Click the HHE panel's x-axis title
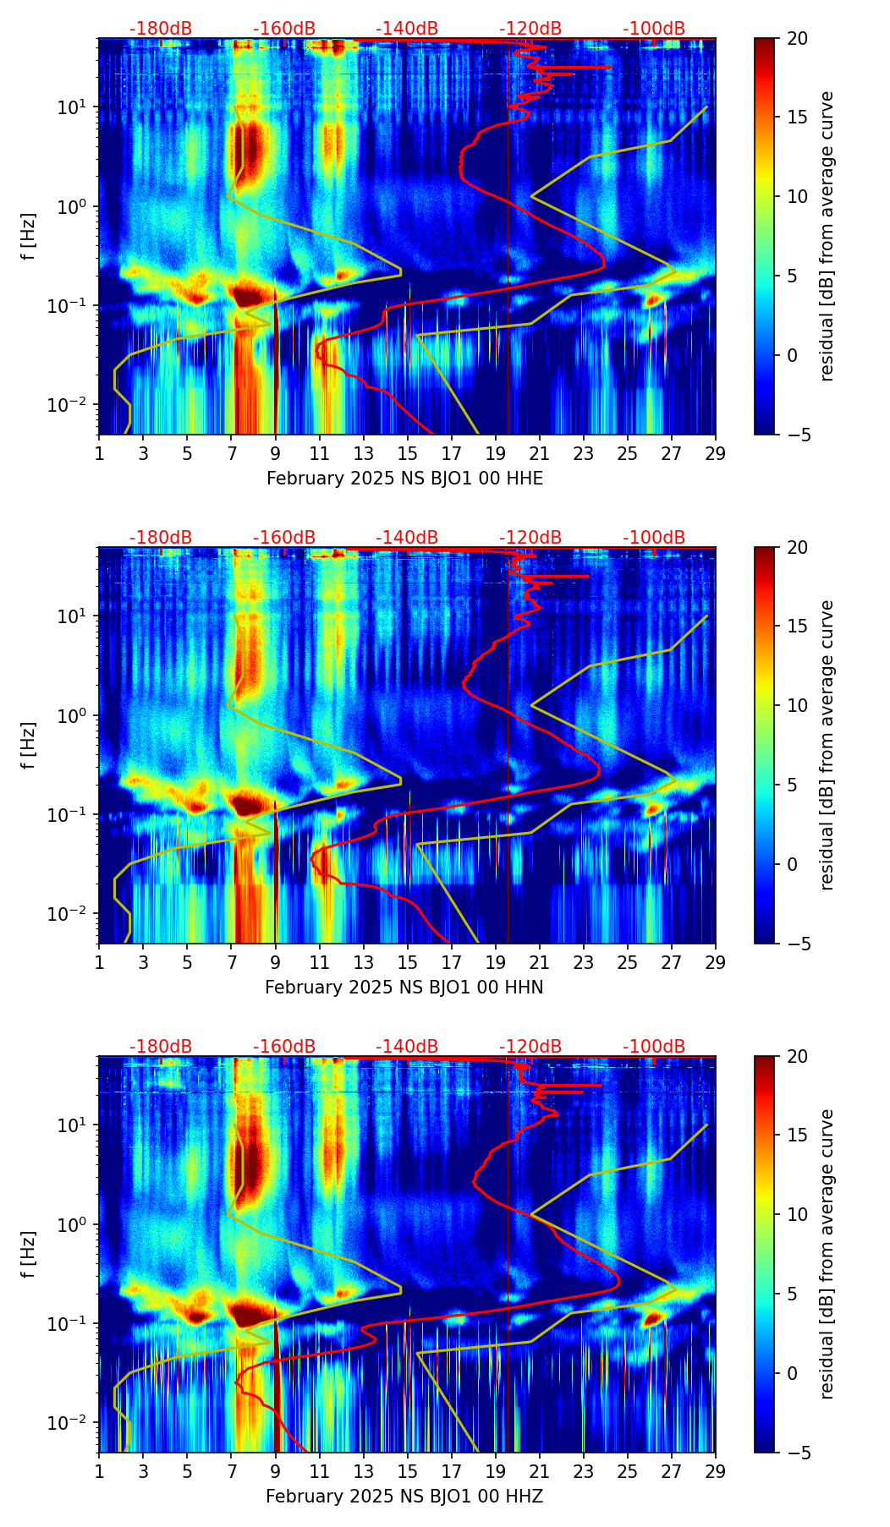[x=404, y=479]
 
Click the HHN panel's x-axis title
[x=404, y=988]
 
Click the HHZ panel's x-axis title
[x=404, y=1497]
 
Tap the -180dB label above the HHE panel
[x=161, y=29]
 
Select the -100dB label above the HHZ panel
[x=654, y=1047]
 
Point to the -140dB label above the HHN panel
[x=407, y=538]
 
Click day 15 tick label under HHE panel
[x=408, y=454]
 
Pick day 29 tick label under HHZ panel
[x=716, y=1472]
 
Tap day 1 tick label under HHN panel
[x=99, y=963]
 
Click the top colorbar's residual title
[x=827, y=236]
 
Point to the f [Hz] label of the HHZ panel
[x=30, y=1255]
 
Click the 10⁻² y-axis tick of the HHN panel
[x=75, y=914]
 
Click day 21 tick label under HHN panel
[x=540, y=963]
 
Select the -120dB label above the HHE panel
[x=530, y=29]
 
